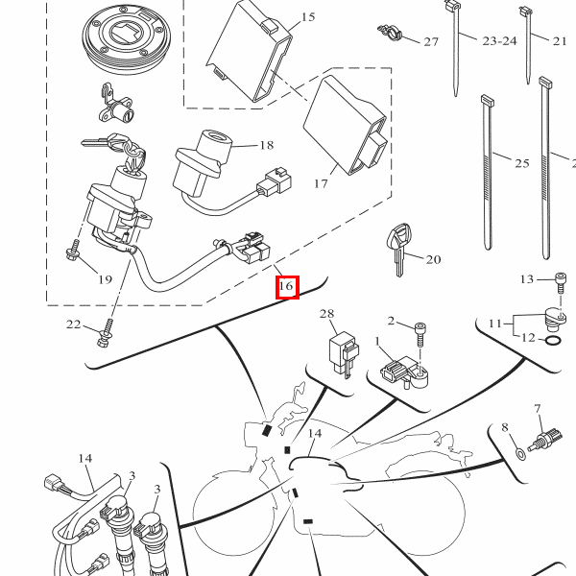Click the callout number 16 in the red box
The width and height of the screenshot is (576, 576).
click(x=286, y=286)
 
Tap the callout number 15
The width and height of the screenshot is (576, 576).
click(x=308, y=17)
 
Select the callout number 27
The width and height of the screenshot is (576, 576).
click(x=431, y=42)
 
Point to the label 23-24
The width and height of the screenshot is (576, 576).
click(x=499, y=40)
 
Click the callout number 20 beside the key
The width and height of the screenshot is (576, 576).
click(x=433, y=260)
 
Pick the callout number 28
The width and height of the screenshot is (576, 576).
click(x=327, y=314)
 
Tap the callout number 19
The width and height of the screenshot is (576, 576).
click(x=105, y=279)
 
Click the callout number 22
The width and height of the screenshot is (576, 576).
click(x=73, y=324)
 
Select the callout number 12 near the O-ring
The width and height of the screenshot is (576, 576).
click(x=528, y=337)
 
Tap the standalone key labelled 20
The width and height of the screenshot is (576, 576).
click(x=399, y=249)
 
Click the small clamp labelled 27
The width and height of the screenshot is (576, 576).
click(x=390, y=33)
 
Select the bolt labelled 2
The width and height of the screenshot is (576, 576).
click(x=420, y=334)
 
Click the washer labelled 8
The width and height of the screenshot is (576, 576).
click(x=520, y=454)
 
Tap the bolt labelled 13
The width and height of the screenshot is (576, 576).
click(x=561, y=282)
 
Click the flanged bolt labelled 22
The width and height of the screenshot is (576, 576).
click(x=106, y=333)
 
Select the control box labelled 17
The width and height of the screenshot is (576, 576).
click(x=346, y=125)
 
